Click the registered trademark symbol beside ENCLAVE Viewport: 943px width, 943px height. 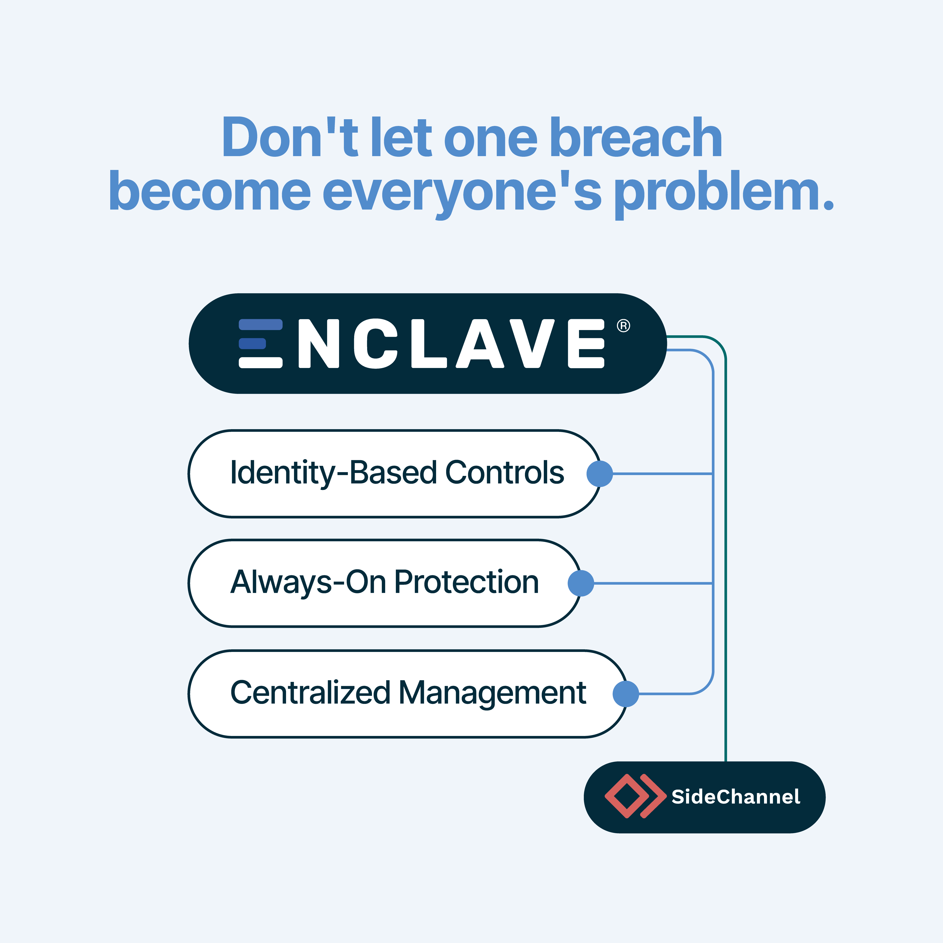623,326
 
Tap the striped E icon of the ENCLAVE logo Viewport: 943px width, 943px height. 260,343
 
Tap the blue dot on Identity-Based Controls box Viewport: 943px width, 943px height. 599,473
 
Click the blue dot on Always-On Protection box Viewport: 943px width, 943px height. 581,583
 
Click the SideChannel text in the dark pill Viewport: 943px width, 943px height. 736,797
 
